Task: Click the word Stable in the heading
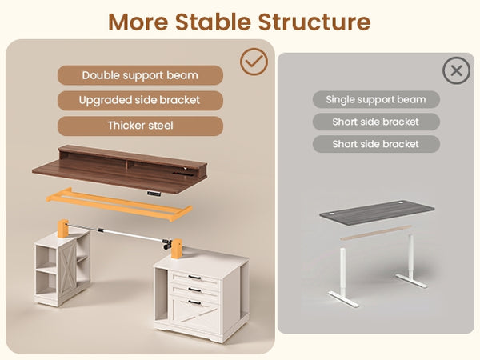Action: click(213, 22)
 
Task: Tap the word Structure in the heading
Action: click(314, 22)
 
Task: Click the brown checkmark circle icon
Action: click(254, 62)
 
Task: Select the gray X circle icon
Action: click(456, 70)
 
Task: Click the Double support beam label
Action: click(140, 75)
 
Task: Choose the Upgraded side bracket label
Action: click(140, 101)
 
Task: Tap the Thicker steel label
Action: click(140, 126)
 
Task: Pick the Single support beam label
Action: click(376, 99)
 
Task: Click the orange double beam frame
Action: click(118, 204)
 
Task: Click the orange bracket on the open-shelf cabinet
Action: click(62, 228)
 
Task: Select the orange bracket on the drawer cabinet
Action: click(177, 249)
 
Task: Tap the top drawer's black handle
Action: click(194, 278)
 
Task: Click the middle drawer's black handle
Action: click(194, 290)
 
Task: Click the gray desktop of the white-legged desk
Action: click(377, 213)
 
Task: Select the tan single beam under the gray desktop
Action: click(376, 233)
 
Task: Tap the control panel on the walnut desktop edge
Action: click(154, 194)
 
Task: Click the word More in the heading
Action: click(138, 22)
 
